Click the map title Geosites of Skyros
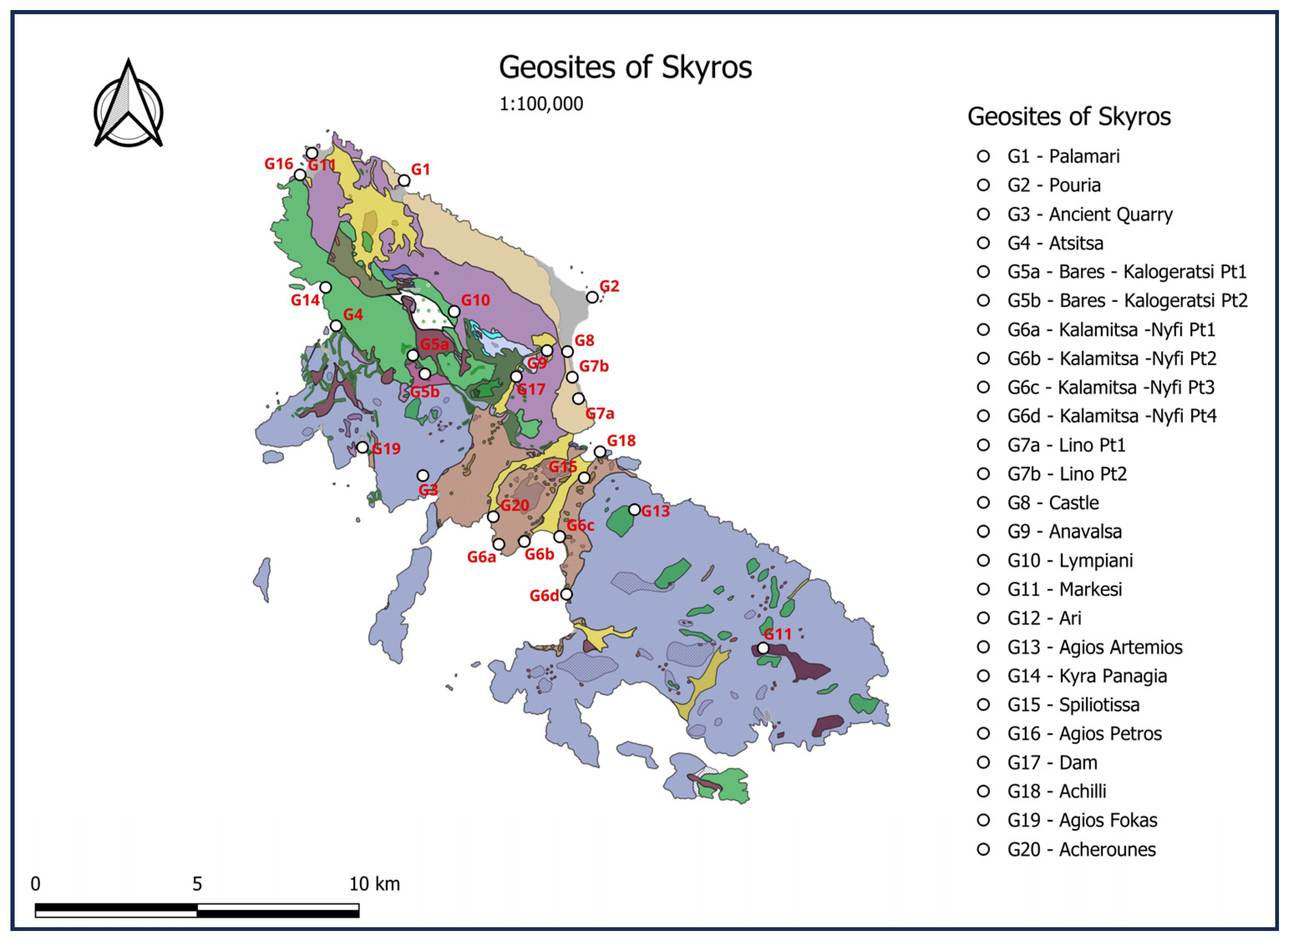(625, 67)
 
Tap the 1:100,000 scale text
(541, 104)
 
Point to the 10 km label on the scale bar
(374, 884)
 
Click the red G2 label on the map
(609, 286)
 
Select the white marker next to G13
(634, 509)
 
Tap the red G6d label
(544, 596)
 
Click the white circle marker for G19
(362, 447)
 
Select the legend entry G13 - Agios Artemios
(1094, 647)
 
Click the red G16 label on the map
(279, 164)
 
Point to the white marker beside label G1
(403, 181)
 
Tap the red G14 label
(305, 300)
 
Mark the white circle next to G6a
(499, 544)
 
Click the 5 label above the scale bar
(197, 884)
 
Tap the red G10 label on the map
(475, 300)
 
